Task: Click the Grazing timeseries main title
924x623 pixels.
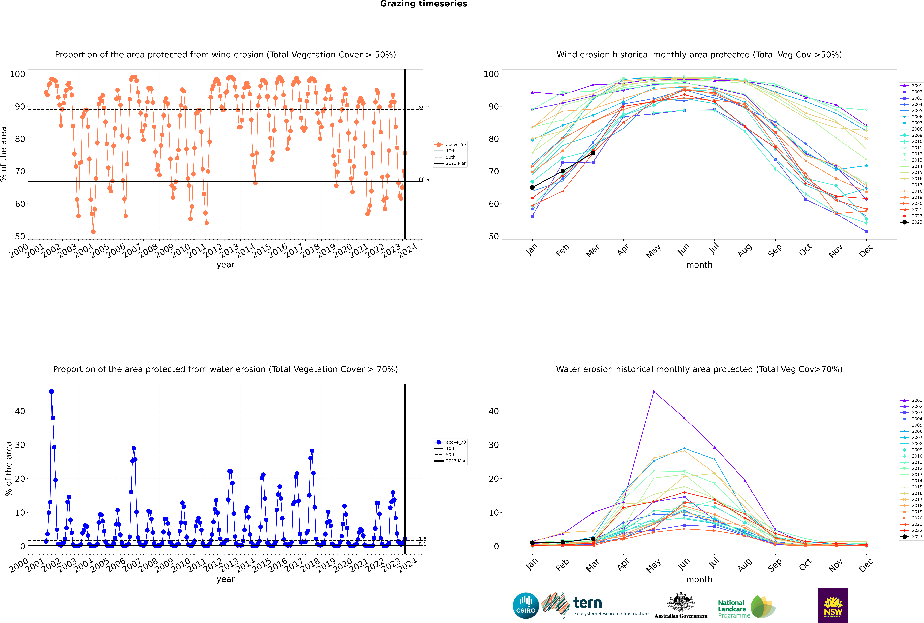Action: (x=424, y=4)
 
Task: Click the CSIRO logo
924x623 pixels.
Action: (x=526, y=606)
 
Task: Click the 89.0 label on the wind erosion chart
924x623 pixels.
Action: (x=424, y=108)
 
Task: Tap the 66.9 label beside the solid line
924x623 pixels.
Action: (x=424, y=180)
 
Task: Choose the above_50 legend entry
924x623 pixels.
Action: (x=451, y=145)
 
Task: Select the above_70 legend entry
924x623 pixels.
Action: (x=451, y=442)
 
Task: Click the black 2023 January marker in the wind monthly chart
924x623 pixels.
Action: (x=532, y=188)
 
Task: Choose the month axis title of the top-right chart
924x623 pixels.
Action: (x=699, y=265)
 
